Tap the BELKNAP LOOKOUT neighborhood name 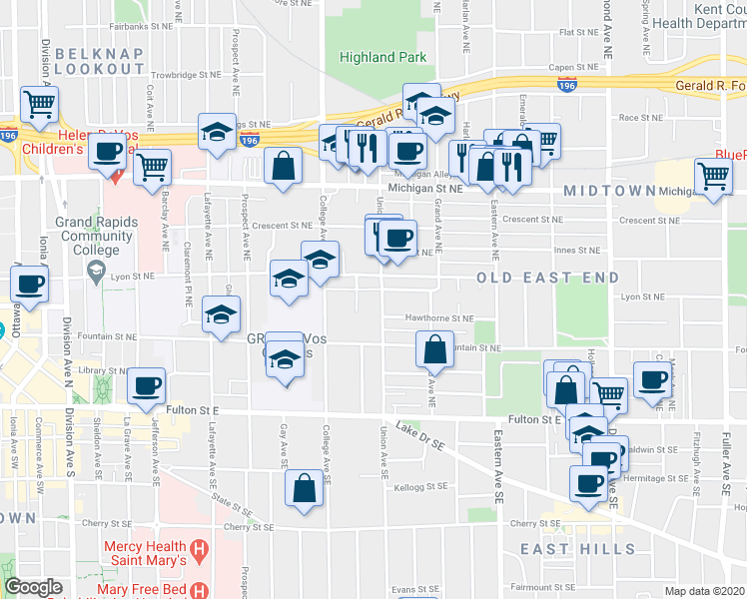99,60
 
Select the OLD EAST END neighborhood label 547,277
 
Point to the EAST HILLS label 577,549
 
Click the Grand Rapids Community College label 95,237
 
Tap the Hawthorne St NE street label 438,318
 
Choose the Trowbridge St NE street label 187,75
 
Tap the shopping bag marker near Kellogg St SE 304,488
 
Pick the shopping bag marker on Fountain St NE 435,349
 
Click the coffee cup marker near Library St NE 147,386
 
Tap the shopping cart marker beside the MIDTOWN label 713,177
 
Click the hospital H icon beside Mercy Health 200,548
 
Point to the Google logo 33,588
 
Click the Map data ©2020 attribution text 704,591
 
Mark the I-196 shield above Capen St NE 567,84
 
